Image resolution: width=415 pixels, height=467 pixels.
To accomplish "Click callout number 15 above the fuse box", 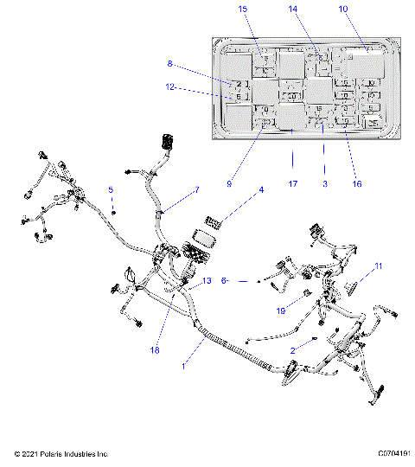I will tap(243, 9).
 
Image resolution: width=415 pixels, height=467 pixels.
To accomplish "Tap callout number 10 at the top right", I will tap(343, 9).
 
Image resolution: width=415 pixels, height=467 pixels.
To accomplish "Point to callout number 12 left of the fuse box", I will tap(171, 86).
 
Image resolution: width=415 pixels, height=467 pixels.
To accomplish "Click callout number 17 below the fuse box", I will tap(292, 183).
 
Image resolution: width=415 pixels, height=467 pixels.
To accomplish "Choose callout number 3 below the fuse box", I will tap(324, 183).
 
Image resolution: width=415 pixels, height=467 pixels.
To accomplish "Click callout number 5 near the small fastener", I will tap(110, 189).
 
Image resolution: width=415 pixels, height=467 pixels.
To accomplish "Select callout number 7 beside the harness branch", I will tap(196, 189).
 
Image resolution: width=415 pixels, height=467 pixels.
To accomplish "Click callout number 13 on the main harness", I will tap(207, 281).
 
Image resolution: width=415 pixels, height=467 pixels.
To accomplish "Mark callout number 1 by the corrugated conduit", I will tap(182, 367).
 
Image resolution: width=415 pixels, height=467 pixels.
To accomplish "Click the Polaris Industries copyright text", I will tap(61, 453).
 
